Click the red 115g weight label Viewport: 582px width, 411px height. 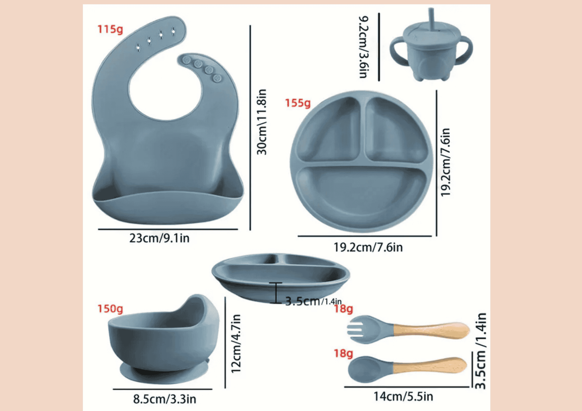[x=110, y=30]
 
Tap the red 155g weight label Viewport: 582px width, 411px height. [x=298, y=103]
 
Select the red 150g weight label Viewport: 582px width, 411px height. [x=110, y=309]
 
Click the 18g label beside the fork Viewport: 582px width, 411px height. [x=343, y=309]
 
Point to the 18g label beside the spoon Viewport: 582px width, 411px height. [x=343, y=353]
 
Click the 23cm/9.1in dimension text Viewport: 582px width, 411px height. [x=159, y=238]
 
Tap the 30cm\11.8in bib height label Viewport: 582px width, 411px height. [x=262, y=122]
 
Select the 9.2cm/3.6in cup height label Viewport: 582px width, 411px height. [x=364, y=47]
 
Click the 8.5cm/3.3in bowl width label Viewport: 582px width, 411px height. [x=165, y=399]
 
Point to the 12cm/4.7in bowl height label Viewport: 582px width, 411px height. [x=236, y=343]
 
